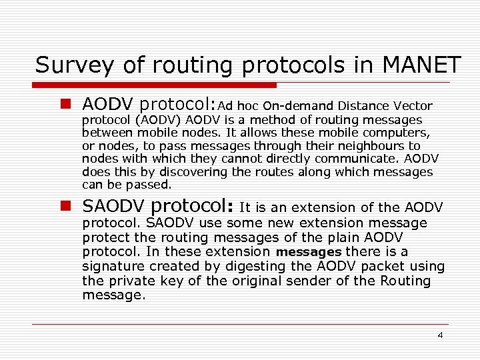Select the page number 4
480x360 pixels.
440,335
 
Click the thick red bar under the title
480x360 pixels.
155,85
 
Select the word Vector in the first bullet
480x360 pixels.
413,105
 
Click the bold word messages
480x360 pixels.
308,252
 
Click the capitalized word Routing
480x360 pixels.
406,281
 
